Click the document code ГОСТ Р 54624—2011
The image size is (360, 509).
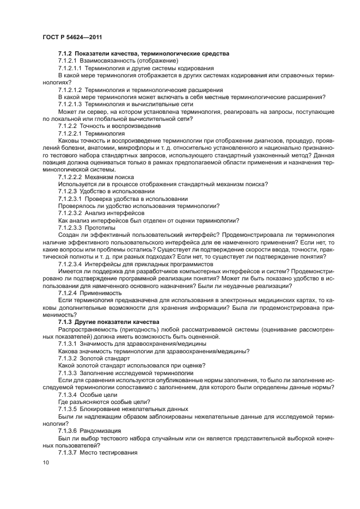click(72, 36)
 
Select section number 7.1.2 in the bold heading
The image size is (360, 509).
click(65, 53)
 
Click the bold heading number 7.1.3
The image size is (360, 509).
click(65, 322)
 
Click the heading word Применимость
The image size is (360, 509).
click(102, 292)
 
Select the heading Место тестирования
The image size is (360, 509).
click(108, 452)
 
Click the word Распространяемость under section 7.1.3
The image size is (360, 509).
click(87, 329)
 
